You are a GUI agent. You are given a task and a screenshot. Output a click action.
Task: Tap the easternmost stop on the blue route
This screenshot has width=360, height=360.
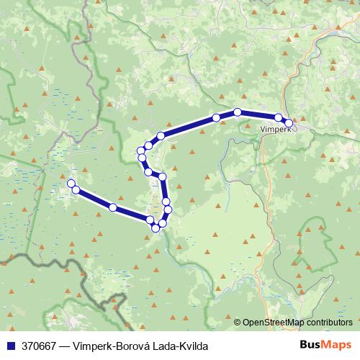(289, 123)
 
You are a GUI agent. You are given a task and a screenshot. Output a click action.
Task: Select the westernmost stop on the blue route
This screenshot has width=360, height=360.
(71, 184)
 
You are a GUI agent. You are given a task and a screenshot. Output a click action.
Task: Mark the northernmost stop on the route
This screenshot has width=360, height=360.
(237, 112)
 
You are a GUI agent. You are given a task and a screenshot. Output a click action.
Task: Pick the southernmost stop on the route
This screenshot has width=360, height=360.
(156, 228)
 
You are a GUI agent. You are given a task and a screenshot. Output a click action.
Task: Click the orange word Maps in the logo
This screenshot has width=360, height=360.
(336, 344)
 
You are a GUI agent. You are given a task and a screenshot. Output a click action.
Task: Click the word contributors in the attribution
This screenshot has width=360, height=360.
(328, 322)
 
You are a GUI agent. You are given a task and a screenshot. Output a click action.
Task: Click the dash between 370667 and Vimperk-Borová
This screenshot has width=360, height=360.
(67, 345)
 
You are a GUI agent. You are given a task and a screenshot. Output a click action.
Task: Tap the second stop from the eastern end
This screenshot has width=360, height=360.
(279, 117)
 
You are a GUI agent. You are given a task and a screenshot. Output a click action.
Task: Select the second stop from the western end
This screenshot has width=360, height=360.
(76, 189)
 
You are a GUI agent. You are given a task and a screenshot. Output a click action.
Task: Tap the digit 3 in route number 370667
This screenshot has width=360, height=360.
(24, 345)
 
